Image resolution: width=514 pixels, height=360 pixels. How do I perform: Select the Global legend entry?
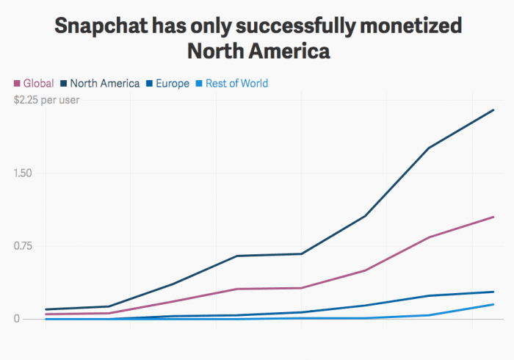coord(38,83)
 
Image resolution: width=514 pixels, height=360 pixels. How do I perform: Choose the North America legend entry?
coord(104,83)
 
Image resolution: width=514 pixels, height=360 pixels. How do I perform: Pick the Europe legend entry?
coord(173,83)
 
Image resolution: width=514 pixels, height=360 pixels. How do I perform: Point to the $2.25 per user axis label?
coord(47,100)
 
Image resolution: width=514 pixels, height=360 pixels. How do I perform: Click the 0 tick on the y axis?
coord(16,319)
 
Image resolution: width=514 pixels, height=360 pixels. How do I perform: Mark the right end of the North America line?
coord(493,110)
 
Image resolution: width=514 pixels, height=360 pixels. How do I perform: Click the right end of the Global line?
coord(493,217)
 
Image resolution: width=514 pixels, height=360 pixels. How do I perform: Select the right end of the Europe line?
coord(493,292)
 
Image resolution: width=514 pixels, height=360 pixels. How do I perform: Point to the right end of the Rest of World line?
coord(493,304)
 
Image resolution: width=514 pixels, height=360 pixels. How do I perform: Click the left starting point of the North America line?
coord(46,309)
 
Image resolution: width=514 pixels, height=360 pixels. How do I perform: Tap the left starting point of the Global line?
coord(46,314)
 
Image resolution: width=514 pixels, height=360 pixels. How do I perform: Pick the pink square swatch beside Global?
coord(18,83)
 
